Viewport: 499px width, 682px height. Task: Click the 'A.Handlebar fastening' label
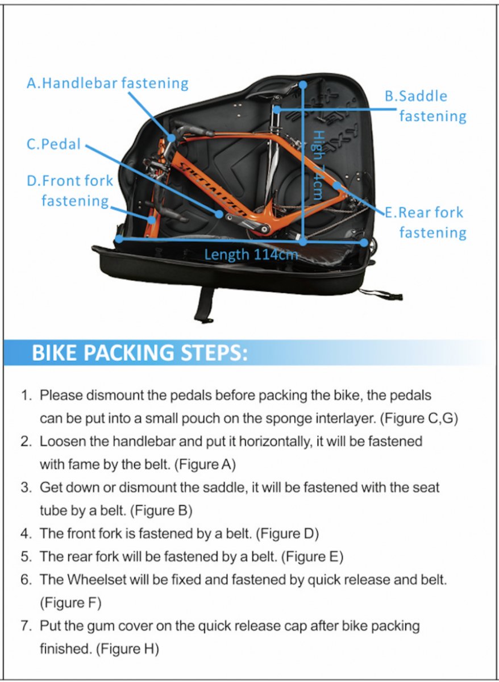[x=107, y=83]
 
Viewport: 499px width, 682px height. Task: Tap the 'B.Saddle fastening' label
[x=425, y=106]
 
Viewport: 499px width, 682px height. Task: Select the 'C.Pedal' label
[x=54, y=144]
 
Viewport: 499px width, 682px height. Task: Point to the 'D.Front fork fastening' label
[x=70, y=190]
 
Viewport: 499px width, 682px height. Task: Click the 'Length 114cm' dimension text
[x=251, y=254]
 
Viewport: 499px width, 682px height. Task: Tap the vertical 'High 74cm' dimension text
[x=319, y=165]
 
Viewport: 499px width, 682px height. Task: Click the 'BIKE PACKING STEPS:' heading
[x=139, y=352]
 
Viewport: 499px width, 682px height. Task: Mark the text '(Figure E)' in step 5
[x=312, y=557]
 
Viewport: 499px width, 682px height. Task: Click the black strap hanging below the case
[x=204, y=304]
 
